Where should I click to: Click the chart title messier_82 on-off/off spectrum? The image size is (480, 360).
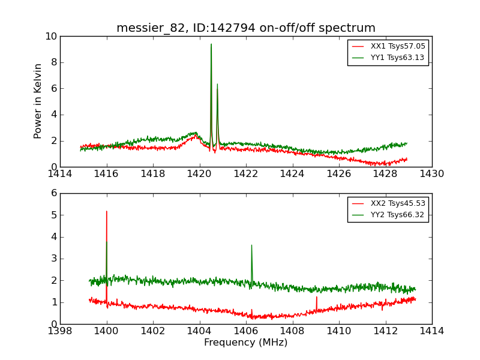tap(246, 28)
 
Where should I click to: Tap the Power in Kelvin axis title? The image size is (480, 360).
tap(38, 101)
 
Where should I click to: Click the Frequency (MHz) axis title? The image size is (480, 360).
tap(246, 343)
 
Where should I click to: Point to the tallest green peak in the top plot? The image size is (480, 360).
tap(211, 45)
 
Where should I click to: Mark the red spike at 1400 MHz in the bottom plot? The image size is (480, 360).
tap(107, 212)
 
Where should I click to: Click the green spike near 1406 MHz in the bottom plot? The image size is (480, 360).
tap(251, 246)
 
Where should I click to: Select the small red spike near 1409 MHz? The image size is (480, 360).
tap(317, 298)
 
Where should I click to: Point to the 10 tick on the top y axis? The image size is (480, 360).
tap(51, 37)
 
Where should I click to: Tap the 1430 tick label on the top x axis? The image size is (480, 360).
tap(431, 174)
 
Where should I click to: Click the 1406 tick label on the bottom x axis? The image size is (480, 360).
tap(246, 331)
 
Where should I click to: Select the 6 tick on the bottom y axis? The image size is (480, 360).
tap(54, 193)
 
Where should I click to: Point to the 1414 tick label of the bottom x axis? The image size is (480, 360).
tap(431, 331)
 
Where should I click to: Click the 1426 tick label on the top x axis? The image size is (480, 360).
tap(339, 174)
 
